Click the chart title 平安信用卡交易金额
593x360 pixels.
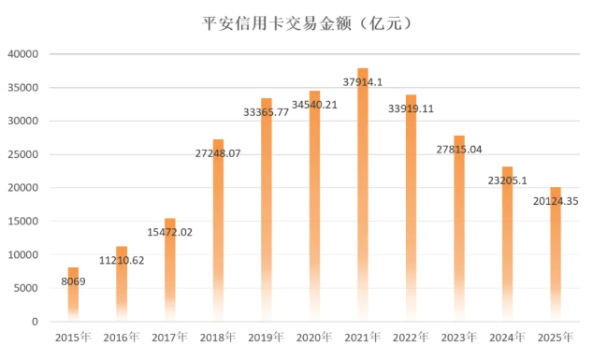point(296,20)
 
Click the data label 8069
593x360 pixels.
point(73,281)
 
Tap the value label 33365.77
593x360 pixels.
point(267,112)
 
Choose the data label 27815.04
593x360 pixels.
point(459,150)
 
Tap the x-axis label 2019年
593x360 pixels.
point(267,337)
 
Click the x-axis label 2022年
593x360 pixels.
point(412,337)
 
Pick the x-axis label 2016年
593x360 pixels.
point(122,337)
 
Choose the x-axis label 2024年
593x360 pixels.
point(508,337)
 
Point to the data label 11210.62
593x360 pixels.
point(122,260)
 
